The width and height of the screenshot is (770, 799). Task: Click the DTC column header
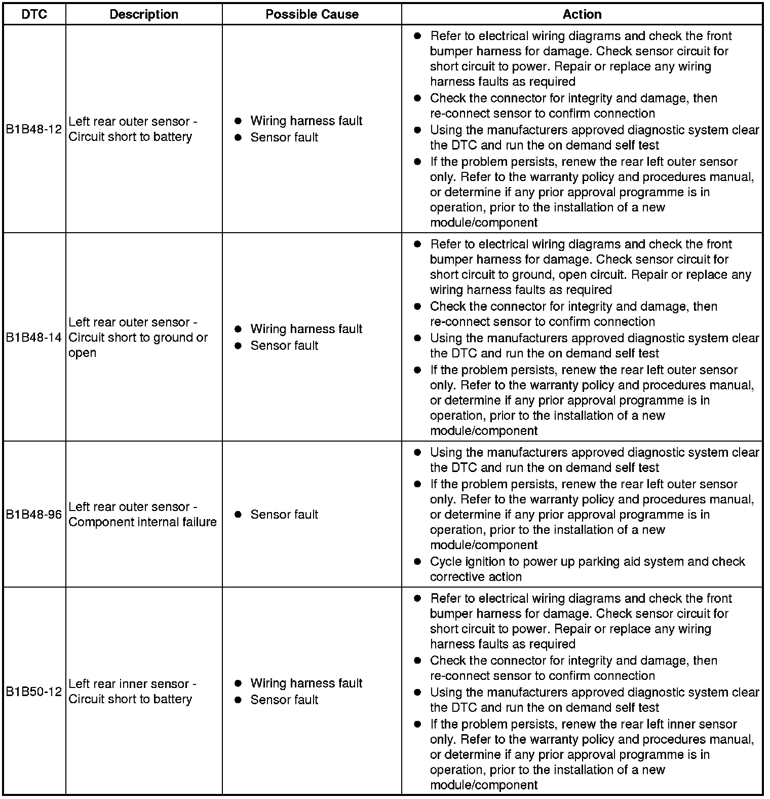pos(34,14)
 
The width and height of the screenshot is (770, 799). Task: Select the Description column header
pos(144,14)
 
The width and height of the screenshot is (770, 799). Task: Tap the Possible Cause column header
pos(312,14)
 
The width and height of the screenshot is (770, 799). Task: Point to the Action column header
pos(582,14)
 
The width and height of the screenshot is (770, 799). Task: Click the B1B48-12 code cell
pos(34,129)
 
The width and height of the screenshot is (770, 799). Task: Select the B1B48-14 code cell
pos(34,337)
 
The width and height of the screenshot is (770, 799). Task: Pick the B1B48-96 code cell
pos(34,514)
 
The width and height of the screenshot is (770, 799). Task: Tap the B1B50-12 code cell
pos(34,691)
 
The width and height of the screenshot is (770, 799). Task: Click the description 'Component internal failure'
pos(142,522)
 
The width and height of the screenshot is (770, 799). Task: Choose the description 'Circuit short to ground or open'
pos(138,338)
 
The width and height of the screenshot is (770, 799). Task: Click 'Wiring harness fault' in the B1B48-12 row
pos(306,121)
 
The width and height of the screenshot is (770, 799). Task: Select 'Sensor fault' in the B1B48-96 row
pos(284,514)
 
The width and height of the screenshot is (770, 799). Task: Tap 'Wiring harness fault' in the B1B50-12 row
pos(306,683)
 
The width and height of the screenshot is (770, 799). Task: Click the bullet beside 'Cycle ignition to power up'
pos(417,561)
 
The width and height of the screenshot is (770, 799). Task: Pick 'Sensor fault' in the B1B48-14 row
pos(284,345)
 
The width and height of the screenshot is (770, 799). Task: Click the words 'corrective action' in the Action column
pos(476,576)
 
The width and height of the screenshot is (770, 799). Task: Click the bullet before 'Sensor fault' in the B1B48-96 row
pos(238,514)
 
